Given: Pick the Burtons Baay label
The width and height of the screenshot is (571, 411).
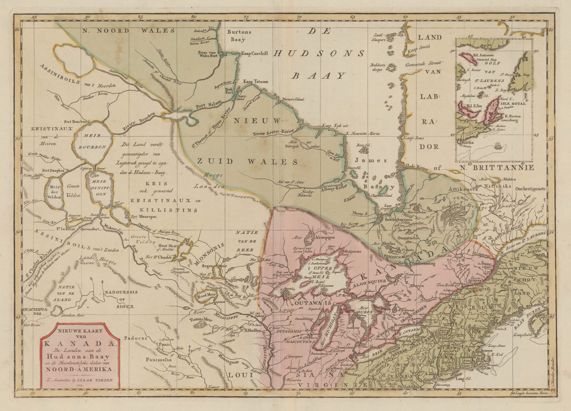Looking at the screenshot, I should [239, 36].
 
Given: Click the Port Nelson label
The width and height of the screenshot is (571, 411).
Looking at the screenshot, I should [207, 101].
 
